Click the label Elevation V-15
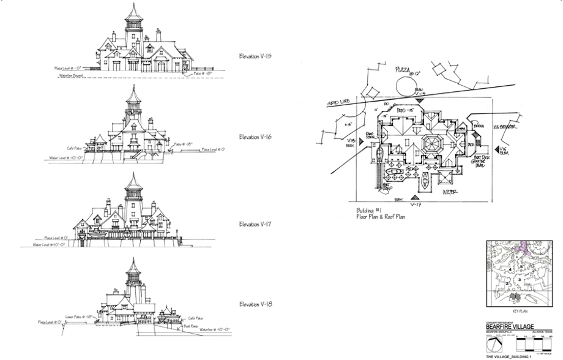click(x=255, y=56)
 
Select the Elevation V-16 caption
click(x=255, y=137)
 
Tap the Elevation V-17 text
click(x=255, y=225)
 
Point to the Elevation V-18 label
click(x=255, y=304)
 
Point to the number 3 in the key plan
click(x=519, y=279)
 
